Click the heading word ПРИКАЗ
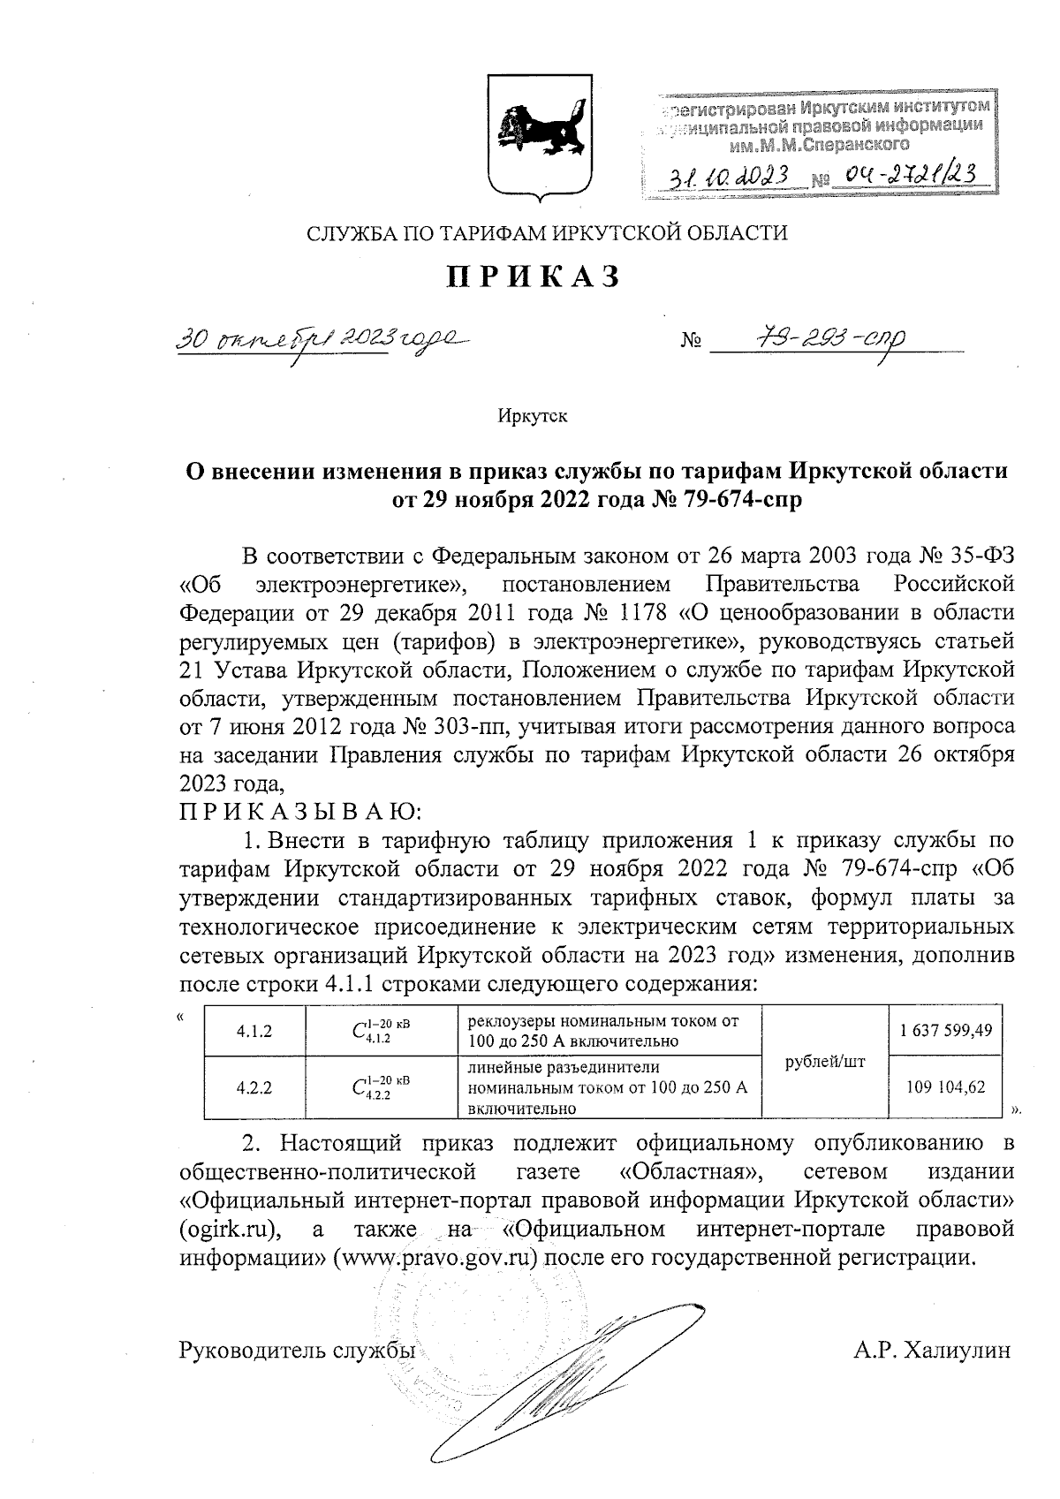point(532,276)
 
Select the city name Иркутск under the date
point(532,416)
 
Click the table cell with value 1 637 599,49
point(946,1032)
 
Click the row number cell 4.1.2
point(254,1032)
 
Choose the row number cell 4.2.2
point(254,1088)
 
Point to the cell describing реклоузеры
point(609,1032)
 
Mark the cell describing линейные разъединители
point(609,1088)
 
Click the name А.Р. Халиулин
point(932,1351)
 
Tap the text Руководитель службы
point(298,1351)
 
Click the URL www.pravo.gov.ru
point(435,1257)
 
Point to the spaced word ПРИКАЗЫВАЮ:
point(301,811)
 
